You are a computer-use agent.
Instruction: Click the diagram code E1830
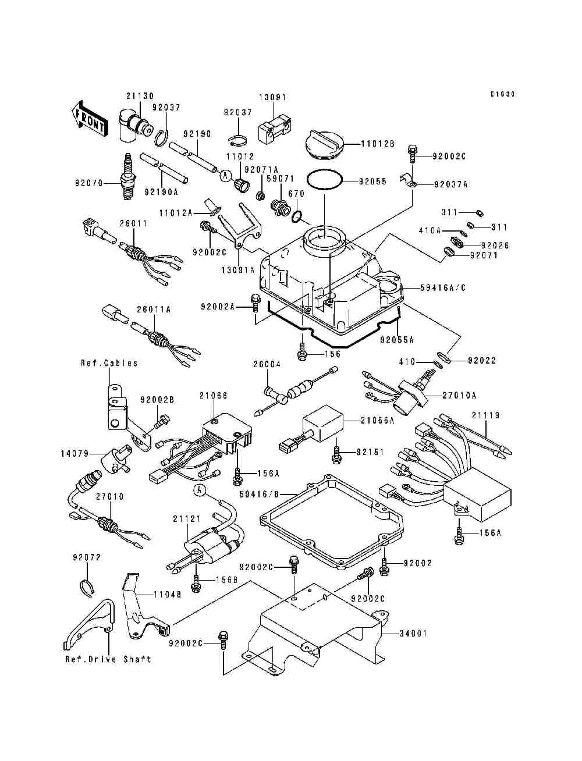click(x=502, y=94)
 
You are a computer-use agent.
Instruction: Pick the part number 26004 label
click(x=267, y=365)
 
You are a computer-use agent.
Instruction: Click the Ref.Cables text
click(x=109, y=363)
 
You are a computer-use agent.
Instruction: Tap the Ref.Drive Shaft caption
click(x=108, y=659)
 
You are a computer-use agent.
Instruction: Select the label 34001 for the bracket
click(x=413, y=633)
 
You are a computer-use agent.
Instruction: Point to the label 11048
click(x=168, y=595)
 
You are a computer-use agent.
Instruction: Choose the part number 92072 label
click(x=87, y=557)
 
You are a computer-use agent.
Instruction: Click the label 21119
click(x=485, y=415)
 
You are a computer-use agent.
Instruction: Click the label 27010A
click(x=459, y=396)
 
